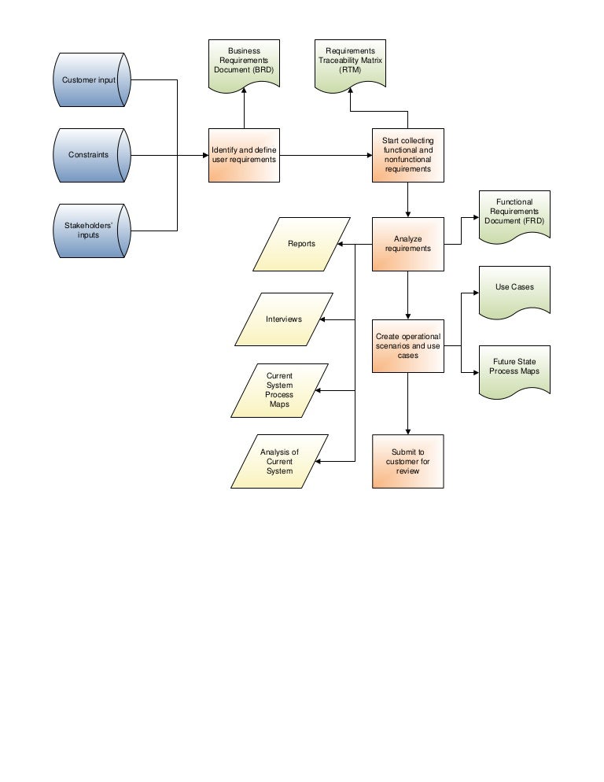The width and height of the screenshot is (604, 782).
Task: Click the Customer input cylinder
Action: pyautogui.click(x=89, y=80)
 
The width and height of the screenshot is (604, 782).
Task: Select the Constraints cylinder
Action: pyautogui.click(x=89, y=155)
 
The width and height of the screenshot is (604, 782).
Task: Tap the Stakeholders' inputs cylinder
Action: pyautogui.click(x=89, y=230)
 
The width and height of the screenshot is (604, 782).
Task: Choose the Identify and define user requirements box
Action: pyautogui.click(x=244, y=155)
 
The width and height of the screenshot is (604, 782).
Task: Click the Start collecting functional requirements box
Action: pyautogui.click(x=407, y=155)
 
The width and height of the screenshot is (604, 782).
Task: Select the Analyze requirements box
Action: pyautogui.click(x=407, y=244)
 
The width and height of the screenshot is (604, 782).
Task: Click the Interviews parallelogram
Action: pyautogui.click(x=284, y=319)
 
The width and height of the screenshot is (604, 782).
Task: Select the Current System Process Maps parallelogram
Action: pyautogui.click(x=279, y=390)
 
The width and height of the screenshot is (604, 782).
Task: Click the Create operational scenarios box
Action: pyautogui.click(x=407, y=345)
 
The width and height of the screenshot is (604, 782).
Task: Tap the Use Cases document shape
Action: pyautogui.click(x=514, y=290)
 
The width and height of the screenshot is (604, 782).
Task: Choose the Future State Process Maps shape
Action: pyautogui.click(x=514, y=368)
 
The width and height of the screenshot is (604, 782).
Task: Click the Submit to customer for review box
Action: pyautogui.click(x=407, y=461)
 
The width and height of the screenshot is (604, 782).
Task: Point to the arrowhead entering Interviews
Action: pyautogui.click(x=329, y=319)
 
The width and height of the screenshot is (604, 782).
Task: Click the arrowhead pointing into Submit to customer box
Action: pyautogui.click(x=407, y=430)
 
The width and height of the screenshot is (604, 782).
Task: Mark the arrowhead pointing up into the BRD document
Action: pyautogui.click(x=244, y=90)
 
